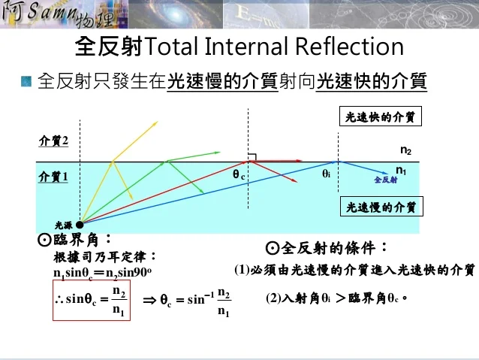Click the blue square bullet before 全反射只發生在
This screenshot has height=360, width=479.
(27, 80)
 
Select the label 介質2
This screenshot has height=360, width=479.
(53, 141)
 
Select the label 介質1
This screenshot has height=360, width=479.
(53, 177)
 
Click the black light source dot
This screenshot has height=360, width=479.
(80, 222)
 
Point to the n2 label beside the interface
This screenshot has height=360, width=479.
(405, 150)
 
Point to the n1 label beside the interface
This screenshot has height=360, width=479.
(402, 171)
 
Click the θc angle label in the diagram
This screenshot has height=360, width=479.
(239, 176)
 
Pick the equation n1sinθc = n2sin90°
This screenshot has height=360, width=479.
(103, 273)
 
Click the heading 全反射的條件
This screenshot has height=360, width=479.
(327, 248)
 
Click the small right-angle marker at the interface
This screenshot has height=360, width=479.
(253, 157)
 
